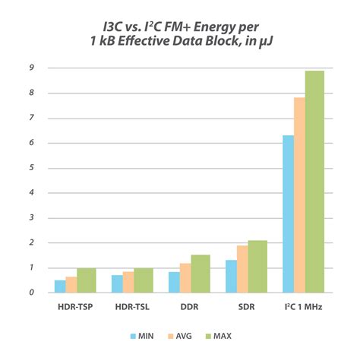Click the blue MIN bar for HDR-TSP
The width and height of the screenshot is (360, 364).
pos(59,286)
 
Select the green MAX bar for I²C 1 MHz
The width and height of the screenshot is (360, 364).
pos(314,182)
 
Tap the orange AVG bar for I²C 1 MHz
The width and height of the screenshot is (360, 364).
pos(299,195)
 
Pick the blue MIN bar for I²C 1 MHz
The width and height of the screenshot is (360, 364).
pos(288,214)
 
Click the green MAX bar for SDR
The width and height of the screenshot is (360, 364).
pos(257,266)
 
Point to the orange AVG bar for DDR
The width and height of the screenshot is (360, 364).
pos(185,277)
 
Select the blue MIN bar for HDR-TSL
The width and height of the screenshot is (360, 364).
pos(117,283)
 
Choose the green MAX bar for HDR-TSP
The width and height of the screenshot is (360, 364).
pos(86,280)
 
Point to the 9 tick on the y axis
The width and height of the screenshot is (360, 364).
pos(30,68)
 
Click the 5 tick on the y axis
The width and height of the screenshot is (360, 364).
pos(30,168)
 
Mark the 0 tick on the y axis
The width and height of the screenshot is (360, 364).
pos(30,293)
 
